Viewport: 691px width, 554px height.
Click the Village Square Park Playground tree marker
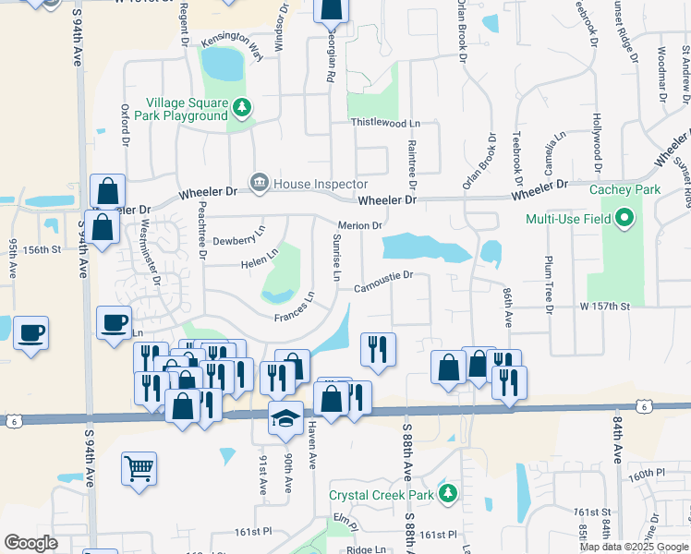[242, 108]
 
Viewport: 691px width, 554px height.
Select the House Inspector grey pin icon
[260, 183]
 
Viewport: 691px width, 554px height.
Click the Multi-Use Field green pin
[624, 219]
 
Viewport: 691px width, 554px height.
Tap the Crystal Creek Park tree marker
[448, 494]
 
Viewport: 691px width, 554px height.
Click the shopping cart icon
[138, 468]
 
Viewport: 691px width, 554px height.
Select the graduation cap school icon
[285, 418]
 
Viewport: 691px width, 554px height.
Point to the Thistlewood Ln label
[384, 123]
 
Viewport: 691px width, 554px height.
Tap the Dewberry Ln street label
[239, 236]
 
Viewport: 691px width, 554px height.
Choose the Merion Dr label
[360, 226]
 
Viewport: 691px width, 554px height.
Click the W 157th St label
[604, 306]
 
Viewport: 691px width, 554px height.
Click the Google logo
[30, 543]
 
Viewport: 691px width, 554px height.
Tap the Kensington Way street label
[233, 46]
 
